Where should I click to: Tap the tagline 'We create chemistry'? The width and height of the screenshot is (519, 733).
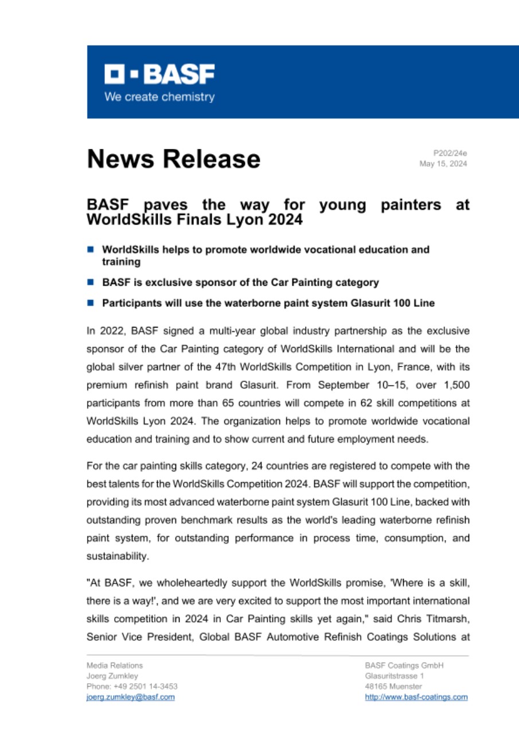[159, 97]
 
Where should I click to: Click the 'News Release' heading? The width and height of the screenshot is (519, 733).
[173, 159]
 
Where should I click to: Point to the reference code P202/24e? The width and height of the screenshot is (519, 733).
[450, 153]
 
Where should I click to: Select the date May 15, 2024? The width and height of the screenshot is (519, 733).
[443, 164]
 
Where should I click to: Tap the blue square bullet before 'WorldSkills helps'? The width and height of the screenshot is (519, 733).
[90, 250]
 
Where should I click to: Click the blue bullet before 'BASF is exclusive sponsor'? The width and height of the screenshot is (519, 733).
[90, 282]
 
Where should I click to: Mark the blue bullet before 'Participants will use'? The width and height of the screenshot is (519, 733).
[90, 304]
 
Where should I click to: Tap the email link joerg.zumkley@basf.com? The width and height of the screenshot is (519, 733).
[130, 697]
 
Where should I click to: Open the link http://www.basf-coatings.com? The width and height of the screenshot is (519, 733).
[416, 697]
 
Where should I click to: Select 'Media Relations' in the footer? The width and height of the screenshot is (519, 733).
[115, 665]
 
